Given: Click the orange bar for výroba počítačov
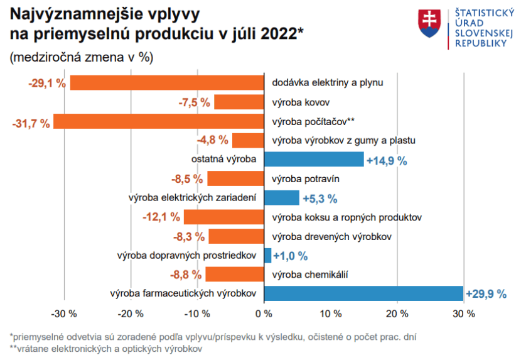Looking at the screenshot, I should point(158,121).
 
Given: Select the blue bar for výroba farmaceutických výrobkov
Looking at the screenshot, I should point(363,293).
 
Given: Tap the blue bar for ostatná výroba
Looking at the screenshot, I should point(313,160).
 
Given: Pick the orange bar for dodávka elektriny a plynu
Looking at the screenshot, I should point(166,82).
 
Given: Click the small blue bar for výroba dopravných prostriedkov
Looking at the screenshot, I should point(267,255).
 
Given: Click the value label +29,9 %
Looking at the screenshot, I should point(486,294).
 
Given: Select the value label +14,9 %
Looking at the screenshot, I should point(387,161).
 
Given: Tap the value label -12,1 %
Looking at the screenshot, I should point(161,217).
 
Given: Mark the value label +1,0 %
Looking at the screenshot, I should point(291,256).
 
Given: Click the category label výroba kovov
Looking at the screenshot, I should point(301,102).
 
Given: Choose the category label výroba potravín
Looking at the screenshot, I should point(306,178).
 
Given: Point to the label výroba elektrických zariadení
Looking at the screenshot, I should point(192,198).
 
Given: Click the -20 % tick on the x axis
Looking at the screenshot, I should point(130,314).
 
